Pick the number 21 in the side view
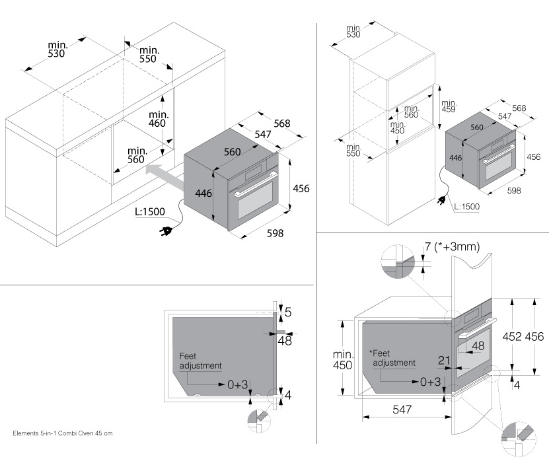[x=444, y=360]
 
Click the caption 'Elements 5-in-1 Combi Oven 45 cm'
[x=62, y=434]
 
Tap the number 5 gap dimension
[x=287, y=310]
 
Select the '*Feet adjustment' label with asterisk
[x=392, y=358]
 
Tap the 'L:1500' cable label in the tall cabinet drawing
[x=466, y=207]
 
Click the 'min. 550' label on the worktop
[x=147, y=55]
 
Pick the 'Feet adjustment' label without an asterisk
[x=200, y=361]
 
